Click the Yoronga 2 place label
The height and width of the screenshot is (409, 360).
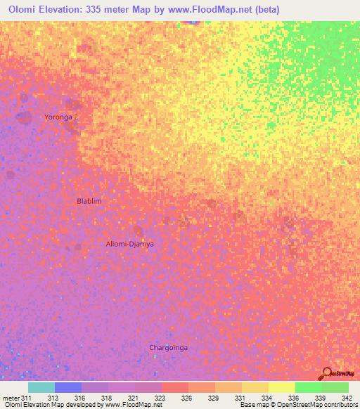pos(61,117)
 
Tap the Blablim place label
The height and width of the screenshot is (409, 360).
pos(89,201)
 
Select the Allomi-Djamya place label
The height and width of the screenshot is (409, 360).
pos(129,244)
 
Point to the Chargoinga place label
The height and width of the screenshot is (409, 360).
pos(169,347)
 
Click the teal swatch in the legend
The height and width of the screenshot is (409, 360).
pos(41,387)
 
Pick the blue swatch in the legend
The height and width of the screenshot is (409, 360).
pos(68,387)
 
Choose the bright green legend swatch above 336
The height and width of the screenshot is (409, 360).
pos(308,387)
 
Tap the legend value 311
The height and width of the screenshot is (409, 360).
pos(27,398)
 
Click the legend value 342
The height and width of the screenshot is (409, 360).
pos(346,398)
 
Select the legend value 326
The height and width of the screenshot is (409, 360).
pos(186,398)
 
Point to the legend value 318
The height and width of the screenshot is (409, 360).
pos(106,398)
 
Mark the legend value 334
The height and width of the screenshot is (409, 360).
pos(266,398)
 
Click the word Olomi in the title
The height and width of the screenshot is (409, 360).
pos(23,10)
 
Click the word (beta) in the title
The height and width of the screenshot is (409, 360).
pos(266,10)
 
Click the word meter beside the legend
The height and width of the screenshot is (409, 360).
pos(11,398)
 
